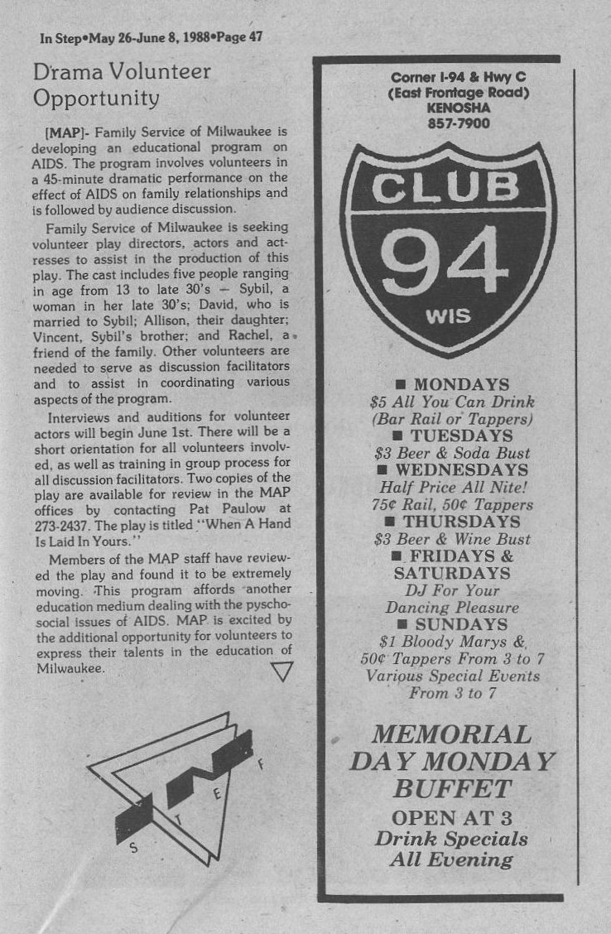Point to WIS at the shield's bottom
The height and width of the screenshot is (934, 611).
point(449,317)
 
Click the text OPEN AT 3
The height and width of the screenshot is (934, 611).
point(452,817)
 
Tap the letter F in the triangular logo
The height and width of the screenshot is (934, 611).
point(261,764)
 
